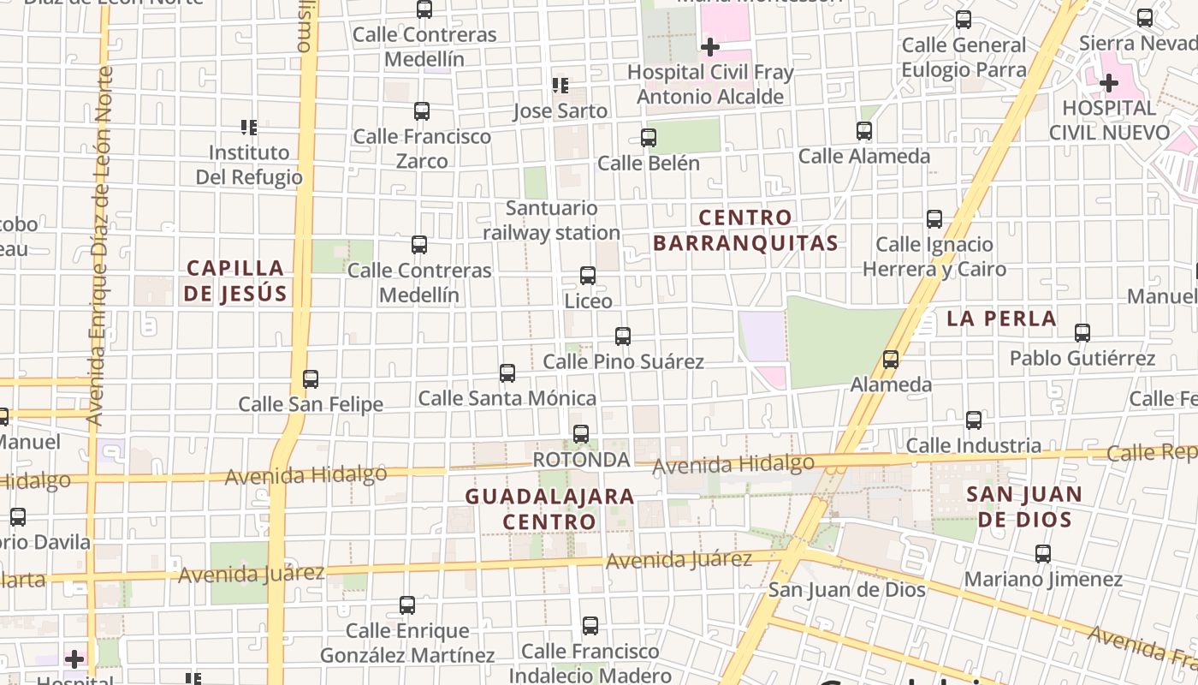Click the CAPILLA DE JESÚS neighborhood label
pos(236,281)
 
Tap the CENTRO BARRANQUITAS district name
pos(745,230)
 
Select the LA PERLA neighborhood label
pos(1001,319)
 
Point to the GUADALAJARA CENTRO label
pos(549,509)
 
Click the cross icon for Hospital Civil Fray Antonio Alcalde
pos(710,47)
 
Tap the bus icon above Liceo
pos(588,276)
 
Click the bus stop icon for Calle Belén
pos(649,138)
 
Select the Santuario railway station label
pos(551,220)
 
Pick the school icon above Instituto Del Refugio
pos(249,128)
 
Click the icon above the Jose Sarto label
pos(560,86)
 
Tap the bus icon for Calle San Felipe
pos(311,378)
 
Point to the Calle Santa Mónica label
pos(507,398)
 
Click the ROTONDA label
pos(581,460)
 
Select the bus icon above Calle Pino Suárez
pos(623,337)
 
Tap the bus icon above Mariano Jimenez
pos(1043,554)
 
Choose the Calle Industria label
pos(973,445)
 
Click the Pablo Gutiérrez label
pos(1082,358)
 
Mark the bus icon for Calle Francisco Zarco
pos(422,111)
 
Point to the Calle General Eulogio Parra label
pos(964,57)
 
